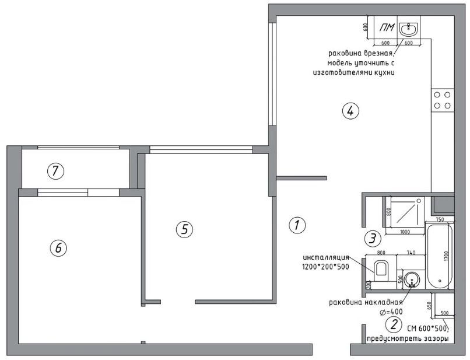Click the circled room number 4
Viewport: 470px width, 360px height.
click(349, 111)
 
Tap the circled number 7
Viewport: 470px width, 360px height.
click(55, 171)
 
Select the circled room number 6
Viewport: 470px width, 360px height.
click(57, 248)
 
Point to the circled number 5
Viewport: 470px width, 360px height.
click(184, 229)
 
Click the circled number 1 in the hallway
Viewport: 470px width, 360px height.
click(297, 225)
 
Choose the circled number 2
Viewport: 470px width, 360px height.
click(394, 324)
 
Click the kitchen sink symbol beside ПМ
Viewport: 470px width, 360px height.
click(409, 28)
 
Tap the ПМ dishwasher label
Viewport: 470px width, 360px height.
click(385, 28)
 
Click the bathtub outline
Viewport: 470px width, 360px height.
click(438, 256)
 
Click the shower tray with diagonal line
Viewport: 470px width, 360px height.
click(405, 210)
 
